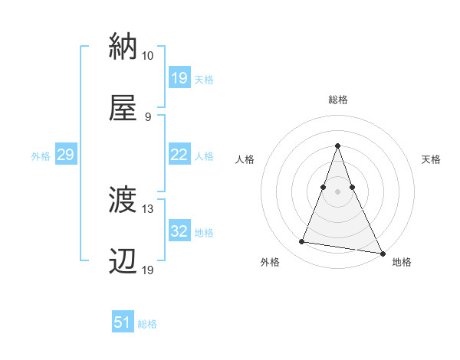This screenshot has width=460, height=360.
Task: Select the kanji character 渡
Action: pyautogui.click(x=123, y=201)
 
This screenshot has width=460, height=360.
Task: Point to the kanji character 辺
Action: pyautogui.click(x=123, y=263)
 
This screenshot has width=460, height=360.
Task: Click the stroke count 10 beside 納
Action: pyautogui.click(x=147, y=56)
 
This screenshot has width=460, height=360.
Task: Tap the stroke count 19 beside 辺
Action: pyautogui.click(x=147, y=271)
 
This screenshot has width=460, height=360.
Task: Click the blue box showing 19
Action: pyautogui.click(x=179, y=77)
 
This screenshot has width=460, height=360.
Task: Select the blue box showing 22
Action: pyautogui.click(x=179, y=154)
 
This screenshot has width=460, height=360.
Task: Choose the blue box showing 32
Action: pyautogui.click(x=179, y=231)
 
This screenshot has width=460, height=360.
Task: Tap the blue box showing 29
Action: pyautogui.click(x=65, y=155)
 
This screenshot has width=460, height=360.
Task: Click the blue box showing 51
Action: pyautogui.click(x=123, y=322)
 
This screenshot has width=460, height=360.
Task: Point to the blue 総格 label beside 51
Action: pyautogui.click(x=147, y=324)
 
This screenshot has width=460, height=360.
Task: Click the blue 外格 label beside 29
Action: pyautogui.click(x=41, y=155)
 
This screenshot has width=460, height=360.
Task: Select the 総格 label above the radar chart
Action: pyautogui.click(x=338, y=100)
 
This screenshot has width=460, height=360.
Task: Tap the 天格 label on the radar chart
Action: pyautogui.click(x=432, y=159)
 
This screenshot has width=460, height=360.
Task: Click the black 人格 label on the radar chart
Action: pyautogui.click(x=245, y=159)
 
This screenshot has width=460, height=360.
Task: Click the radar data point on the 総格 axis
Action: pyautogui.click(x=338, y=146)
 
